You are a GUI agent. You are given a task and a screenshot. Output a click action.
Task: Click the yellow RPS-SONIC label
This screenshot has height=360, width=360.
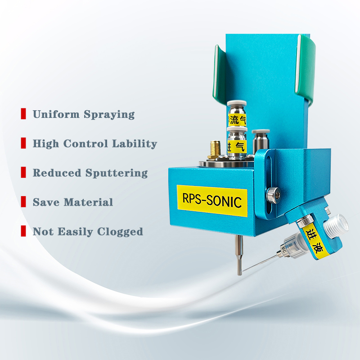[x=211, y=201]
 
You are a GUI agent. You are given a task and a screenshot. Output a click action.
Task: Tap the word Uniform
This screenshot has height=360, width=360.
[x=56, y=114]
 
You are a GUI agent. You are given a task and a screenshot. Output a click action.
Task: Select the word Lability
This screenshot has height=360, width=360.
[x=135, y=144]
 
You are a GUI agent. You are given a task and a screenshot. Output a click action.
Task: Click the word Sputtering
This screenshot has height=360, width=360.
[x=117, y=173]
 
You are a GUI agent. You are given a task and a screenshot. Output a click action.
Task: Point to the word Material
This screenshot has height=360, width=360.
[x=88, y=202]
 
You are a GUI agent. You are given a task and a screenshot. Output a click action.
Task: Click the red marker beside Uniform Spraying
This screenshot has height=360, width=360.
[x=23, y=114]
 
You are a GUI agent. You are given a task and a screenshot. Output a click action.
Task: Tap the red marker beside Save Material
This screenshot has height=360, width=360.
[x=23, y=202]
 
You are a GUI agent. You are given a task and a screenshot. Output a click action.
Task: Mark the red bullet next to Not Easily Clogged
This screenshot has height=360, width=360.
[x=23, y=231]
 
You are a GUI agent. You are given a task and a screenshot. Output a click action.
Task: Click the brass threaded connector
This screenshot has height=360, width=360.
[x=215, y=150]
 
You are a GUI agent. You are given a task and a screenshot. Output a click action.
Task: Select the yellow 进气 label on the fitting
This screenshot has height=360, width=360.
[x=237, y=147]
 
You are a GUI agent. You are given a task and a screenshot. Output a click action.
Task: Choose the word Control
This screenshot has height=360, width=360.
[x=85, y=144]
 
